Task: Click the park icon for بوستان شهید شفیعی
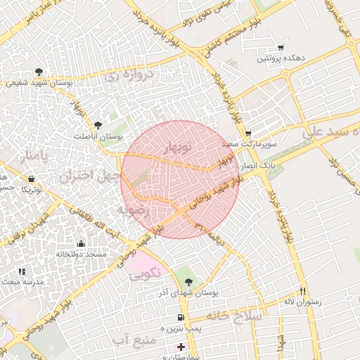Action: click(x=39, y=72)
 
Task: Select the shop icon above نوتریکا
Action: click(x=31, y=179)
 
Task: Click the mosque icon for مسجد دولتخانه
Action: click(x=82, y=243)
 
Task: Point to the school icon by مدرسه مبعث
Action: click(x=22, y=271)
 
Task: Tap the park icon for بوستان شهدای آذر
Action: click(x=187, y=281)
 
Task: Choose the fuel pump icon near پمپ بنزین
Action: click(x=181, y=318)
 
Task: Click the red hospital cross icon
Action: click(x=181, y=347)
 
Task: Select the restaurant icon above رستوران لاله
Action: click(x=303, y=290)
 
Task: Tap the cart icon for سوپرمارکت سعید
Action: click(x=248, y=133)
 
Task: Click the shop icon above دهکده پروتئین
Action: click(x=281, y=47)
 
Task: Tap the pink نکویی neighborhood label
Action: click(x=146, y=272)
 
